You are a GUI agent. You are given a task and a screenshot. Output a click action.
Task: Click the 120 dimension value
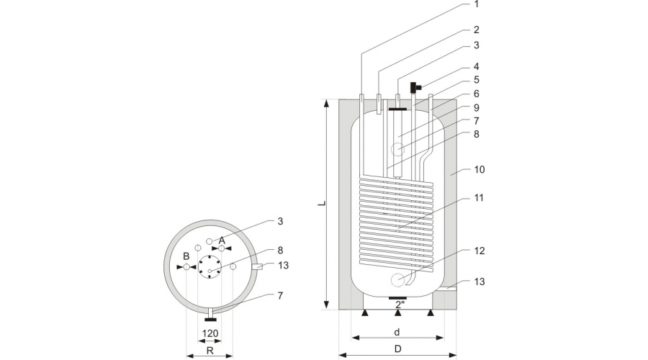(x=210, y=333)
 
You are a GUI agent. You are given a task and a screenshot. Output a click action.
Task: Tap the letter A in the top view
(x=222, y=239)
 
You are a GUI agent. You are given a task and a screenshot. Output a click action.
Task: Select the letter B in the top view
(x=186, y=256)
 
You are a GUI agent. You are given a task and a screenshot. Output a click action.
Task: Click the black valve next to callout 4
(x=415, y=88)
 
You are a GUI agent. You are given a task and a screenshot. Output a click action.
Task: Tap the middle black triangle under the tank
(x=397, y=313)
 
